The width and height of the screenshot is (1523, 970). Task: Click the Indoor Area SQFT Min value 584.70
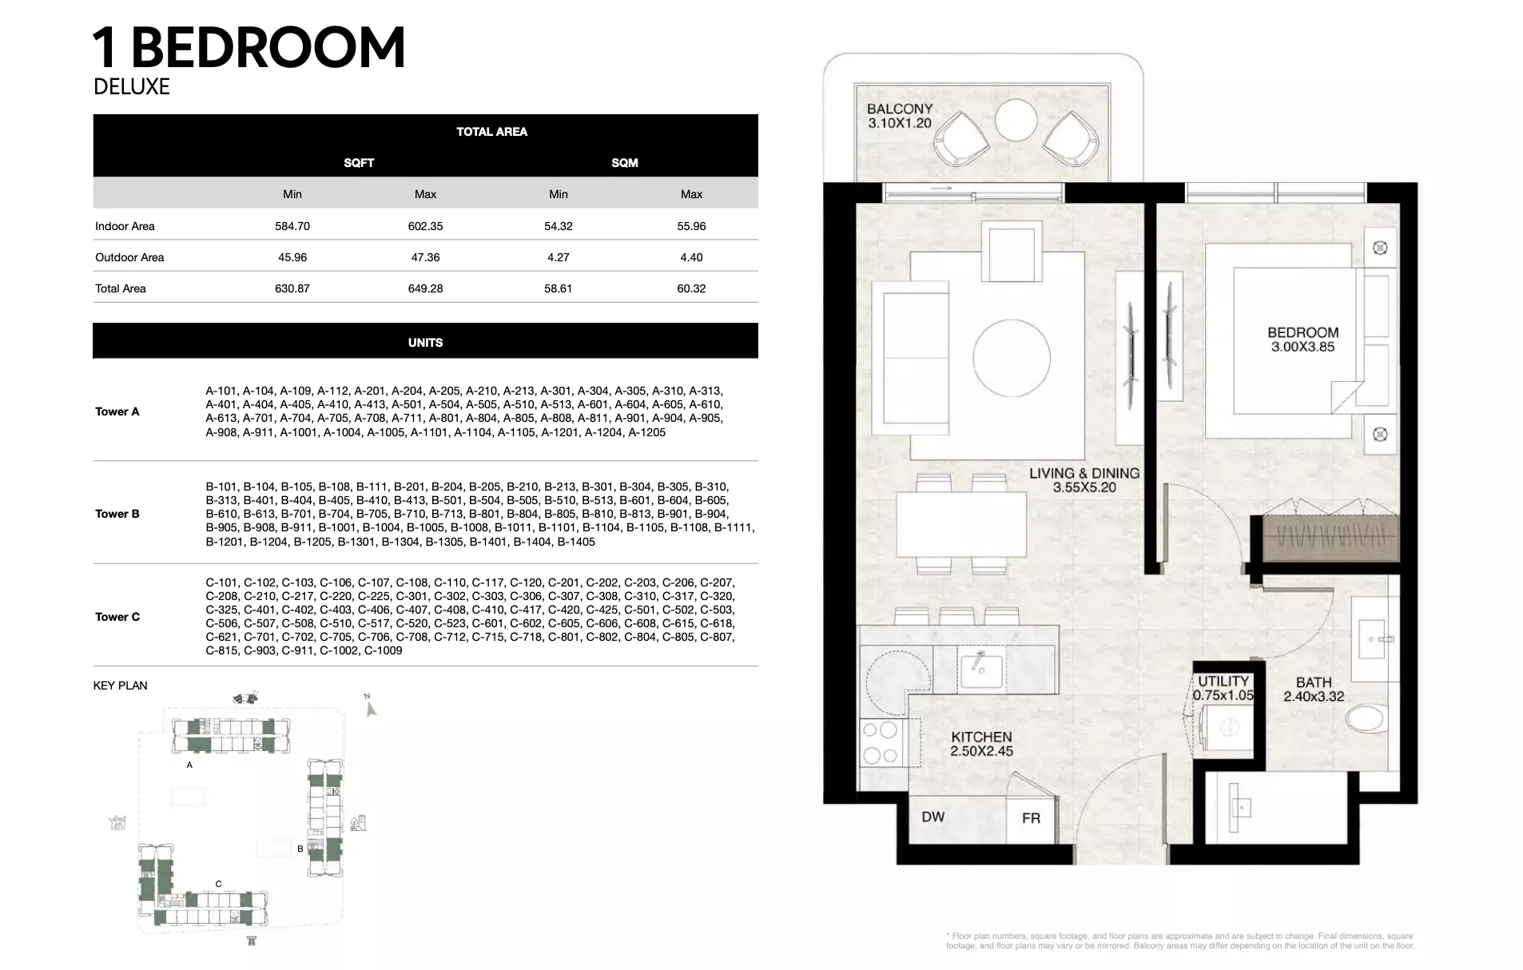(292, 226)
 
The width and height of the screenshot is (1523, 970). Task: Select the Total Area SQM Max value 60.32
(691, 288)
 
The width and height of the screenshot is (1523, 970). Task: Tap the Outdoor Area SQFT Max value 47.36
(425, 257)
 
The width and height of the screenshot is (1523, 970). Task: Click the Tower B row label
(117, 514)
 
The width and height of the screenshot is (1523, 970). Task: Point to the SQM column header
(625, 163)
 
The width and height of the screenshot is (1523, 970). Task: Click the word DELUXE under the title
(132, 86)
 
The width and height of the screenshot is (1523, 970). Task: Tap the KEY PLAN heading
(121, 686)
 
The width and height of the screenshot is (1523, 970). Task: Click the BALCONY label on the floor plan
(900, 109)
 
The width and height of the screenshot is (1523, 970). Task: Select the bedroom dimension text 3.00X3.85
(1303, 348)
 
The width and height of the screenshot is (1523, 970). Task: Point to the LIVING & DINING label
(1084, 473)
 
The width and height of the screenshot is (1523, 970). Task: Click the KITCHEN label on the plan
(981, 737)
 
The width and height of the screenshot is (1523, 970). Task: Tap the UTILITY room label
(1223, 682)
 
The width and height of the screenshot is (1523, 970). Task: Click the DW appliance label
(933, 817)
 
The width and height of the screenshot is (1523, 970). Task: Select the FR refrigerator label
(1031, 818)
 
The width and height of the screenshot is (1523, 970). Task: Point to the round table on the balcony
(1016, 121)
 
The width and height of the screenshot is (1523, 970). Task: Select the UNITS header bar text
(425, 343)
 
